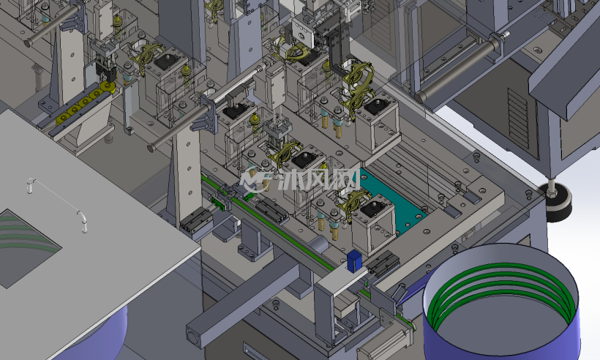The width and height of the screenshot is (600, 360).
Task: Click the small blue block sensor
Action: [354, 261]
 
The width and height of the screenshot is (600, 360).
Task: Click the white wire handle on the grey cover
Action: [56, 204]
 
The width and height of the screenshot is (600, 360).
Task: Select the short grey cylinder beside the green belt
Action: [318, 244]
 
